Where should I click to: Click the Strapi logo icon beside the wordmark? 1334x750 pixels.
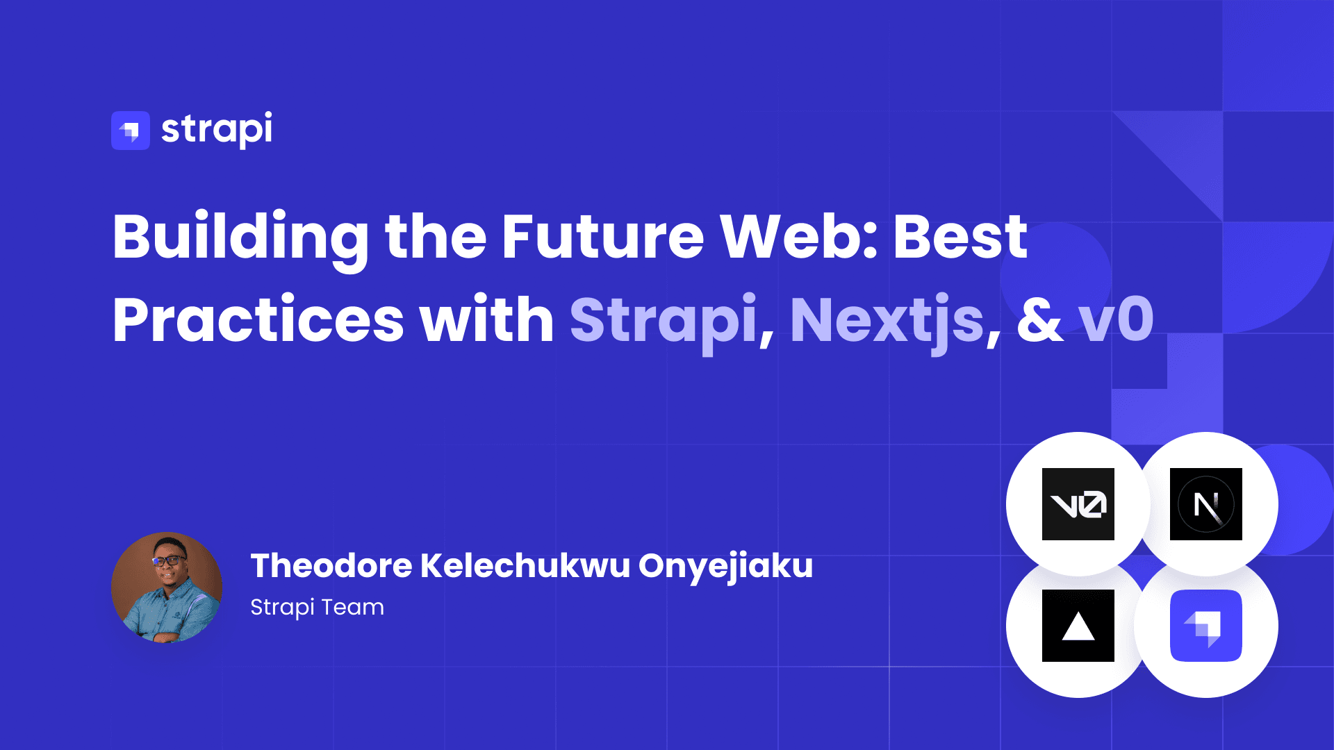coord(131,131)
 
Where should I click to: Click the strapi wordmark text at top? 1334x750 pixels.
coord(217,129)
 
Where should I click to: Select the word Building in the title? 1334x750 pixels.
coord(241,237)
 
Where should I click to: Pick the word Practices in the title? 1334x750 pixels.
coord(258,321)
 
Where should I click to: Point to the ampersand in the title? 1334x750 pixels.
coord(1040,321)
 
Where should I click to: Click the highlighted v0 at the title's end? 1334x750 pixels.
coord(1117,321)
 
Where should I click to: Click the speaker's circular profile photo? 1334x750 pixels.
coord(167,587)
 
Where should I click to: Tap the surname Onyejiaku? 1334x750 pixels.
coord(725,567)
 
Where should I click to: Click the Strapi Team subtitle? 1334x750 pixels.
coord(317,607)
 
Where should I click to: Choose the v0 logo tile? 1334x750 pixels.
coord(1078,504)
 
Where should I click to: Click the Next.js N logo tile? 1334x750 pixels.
coord(1205,504)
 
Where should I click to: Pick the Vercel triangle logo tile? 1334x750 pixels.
coord(1078,626)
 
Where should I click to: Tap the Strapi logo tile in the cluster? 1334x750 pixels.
coord(1205,626)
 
